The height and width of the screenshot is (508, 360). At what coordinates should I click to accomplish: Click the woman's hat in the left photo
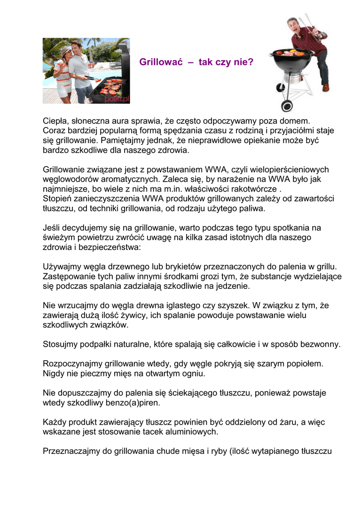click(65, 50)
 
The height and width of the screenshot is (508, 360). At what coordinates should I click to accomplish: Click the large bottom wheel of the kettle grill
click(287, 106)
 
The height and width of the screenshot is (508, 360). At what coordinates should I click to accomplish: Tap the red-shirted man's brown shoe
click(325, 87)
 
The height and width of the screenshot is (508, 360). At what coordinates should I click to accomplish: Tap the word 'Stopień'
click(58, 199)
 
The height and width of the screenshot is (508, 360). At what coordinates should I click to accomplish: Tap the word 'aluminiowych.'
click(195, 432)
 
